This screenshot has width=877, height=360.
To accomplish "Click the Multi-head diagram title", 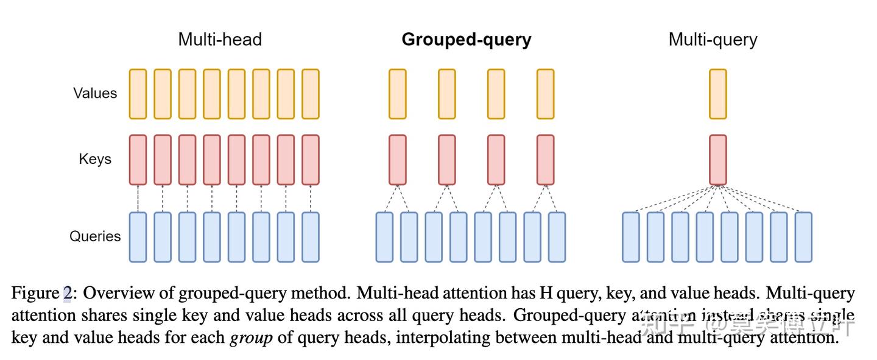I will click(x=220, y=40).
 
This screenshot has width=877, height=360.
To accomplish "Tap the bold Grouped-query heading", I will click(x=467, y=40).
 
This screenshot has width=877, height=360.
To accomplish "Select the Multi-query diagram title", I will click(x=713, y=40).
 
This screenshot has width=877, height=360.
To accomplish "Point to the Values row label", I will click(x=95, y=93).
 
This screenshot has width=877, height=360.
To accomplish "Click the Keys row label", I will click(x=95, y=159).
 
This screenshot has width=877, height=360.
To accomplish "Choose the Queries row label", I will click(x=95, y=236).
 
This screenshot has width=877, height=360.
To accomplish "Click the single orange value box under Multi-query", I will click(x=718, y=94).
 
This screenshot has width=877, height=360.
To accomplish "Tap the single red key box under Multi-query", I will click(x=718, y=160).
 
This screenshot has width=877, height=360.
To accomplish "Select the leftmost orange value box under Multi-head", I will click(x=138, y=94).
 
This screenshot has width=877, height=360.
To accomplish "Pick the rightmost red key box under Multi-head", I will click(x=311, y=160).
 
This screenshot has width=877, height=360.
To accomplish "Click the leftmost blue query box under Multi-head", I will click(x=138, y=237).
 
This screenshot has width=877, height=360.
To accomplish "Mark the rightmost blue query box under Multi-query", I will click(x=803, y=237).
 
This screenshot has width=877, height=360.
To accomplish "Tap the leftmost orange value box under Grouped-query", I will click(x=398, y=94).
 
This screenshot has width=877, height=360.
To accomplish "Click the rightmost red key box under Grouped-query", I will click(x=546, y=160).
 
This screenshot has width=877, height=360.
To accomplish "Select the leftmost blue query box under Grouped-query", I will click(x=385, y=237).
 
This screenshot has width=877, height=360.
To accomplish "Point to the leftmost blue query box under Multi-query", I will click(x=631, y=237).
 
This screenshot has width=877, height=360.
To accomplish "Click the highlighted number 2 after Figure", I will click(x=67, y=294).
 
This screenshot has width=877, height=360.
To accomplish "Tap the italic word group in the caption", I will click(x=251, y=337).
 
